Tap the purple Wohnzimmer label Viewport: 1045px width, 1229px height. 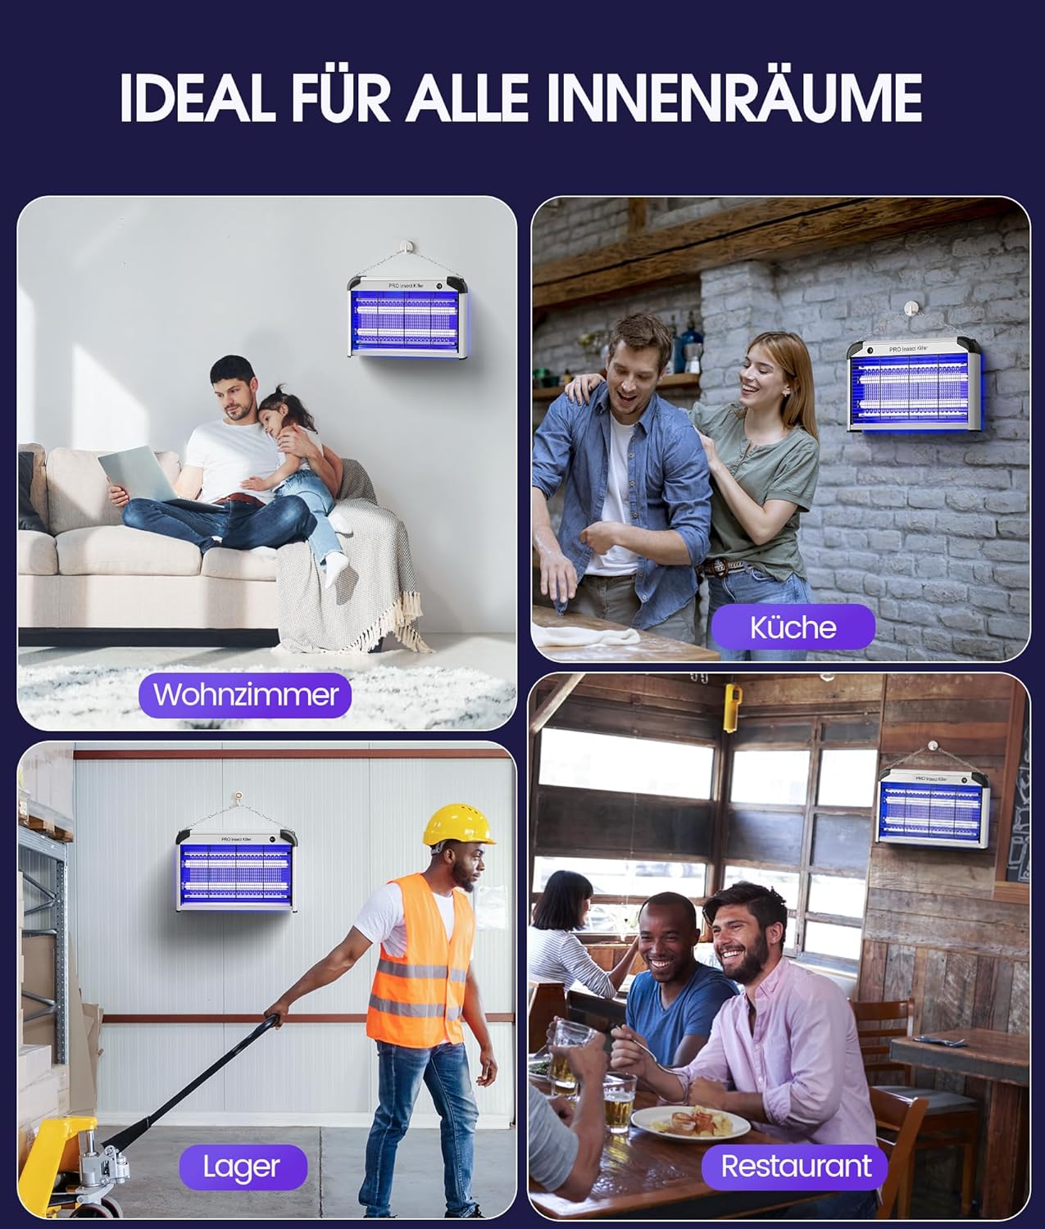point(245,695)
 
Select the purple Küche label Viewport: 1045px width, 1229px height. point(793,628)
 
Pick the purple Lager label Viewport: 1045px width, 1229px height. point(243,1168)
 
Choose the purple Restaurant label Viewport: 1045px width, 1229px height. point(795,1167)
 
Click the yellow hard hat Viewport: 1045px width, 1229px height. point(457,824)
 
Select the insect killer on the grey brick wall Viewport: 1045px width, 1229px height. point(914,385)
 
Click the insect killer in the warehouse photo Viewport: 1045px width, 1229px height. point(237,870)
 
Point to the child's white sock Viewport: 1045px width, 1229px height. point(338,569)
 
